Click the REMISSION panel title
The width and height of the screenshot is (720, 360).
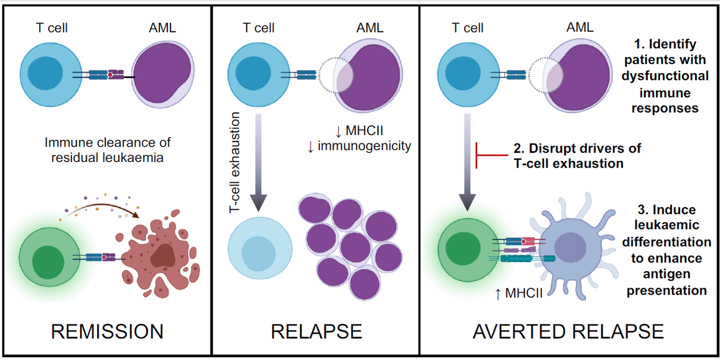[x=107, y=331]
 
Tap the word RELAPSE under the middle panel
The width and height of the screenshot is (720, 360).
[x=316, y=331]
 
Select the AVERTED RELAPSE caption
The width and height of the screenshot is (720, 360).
[x=568, y=331]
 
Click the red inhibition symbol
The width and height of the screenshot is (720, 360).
[x=492, y=155]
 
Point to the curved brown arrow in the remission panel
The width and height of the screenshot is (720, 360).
[x=100, y=205]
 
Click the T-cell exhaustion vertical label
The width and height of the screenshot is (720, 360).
[x=235, y=163]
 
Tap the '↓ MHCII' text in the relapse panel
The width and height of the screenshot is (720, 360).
[x=359, y=131]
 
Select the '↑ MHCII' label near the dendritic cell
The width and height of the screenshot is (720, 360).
[x=519, y=293]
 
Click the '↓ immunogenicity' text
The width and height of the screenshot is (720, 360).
[x=359, y=146]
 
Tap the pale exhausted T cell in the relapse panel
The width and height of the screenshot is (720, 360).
[x=260, y=248]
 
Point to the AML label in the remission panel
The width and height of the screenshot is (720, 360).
[x=163, y=28]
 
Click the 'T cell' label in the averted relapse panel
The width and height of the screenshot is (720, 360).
[x=467, y=28]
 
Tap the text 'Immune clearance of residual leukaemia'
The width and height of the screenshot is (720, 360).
[x=107, y=150]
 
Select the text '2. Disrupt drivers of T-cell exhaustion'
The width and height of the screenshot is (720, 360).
[x=577, y=156]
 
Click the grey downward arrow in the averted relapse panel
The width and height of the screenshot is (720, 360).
[x=467, y=163]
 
